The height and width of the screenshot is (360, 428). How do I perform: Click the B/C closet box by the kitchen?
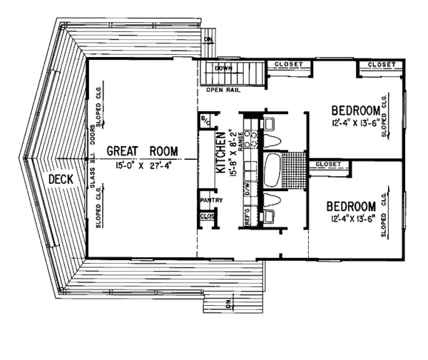204,120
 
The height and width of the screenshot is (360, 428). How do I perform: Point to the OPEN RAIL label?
223,91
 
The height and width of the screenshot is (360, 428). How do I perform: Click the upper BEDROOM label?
355,110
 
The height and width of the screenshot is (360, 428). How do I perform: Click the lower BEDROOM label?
350,207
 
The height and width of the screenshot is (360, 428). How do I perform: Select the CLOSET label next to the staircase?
290,65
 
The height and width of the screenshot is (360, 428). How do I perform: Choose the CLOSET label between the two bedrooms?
327,165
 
